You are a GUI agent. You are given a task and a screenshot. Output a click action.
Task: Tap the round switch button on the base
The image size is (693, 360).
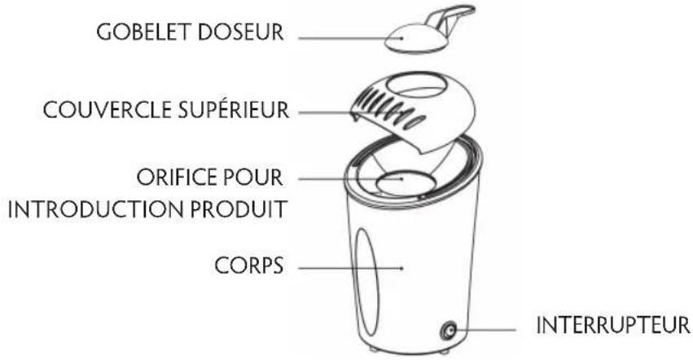click(446, 330)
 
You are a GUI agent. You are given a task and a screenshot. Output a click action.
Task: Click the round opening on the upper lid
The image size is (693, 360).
click(420, 83)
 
